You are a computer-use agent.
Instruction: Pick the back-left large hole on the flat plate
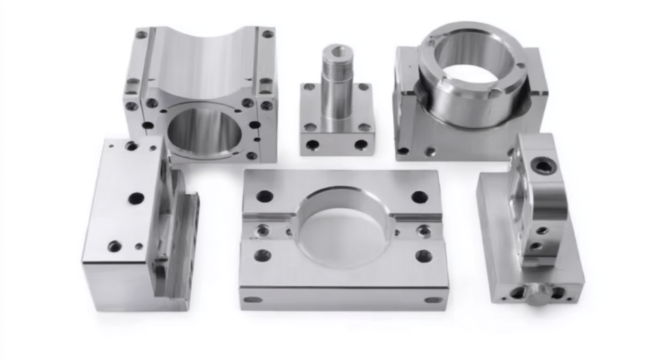[x=265, y=196]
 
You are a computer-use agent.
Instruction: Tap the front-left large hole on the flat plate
[x=262, y=254]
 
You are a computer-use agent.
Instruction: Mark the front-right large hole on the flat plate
[x=424, y=255]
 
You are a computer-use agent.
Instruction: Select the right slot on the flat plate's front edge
[x=433, y=299]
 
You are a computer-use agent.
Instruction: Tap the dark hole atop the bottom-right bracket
[x=543, y=166]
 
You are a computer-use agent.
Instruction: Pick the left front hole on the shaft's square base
[x=312, y=145]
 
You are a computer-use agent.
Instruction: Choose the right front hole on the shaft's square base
[x=361, y=145]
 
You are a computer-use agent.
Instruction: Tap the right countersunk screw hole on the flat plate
[x=424, y=230]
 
